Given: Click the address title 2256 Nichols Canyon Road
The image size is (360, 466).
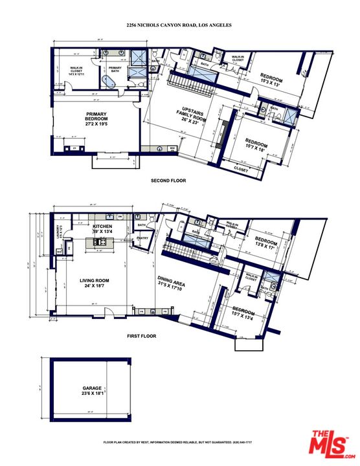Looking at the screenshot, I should (x=179, y=25).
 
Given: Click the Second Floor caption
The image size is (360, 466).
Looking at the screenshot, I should (x=168, y=181).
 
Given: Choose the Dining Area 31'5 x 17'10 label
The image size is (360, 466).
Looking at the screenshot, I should (x=173, y=283).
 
